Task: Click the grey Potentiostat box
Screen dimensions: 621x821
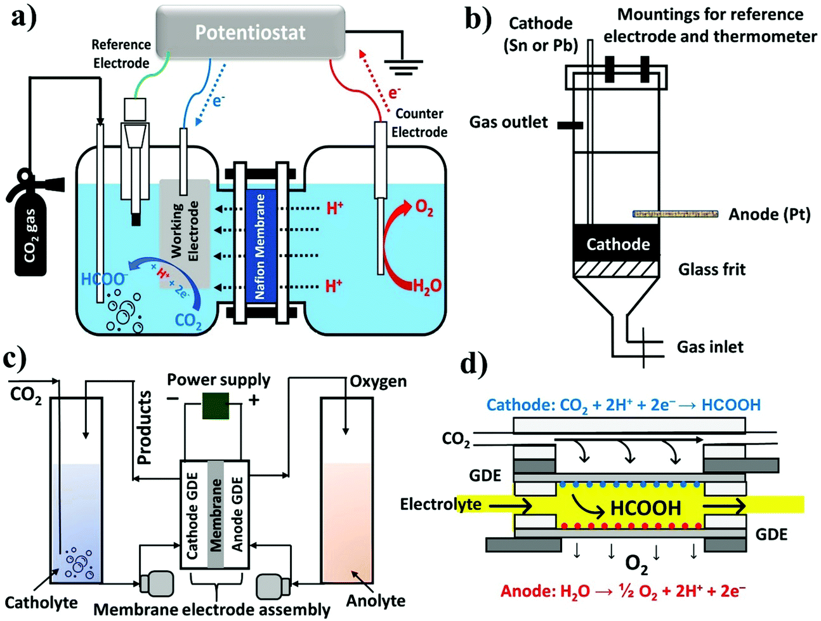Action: [x=250, y=32]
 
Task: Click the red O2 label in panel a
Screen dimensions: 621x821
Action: [x=423, y=208]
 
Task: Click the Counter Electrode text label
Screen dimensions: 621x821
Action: [x=419, y=123]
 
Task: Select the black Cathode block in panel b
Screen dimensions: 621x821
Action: [x=617, y=244]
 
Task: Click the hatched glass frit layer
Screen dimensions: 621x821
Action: [x=617, y=269]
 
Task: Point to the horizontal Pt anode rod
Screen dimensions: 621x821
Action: [x=675, y=214]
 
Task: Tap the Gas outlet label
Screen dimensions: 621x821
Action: [x=508, y=122]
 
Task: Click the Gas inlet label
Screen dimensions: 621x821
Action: [x=709, y=347]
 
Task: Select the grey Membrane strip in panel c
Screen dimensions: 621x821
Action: [x=216, y=514]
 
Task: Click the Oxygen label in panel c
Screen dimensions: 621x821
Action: [x=378, y=382]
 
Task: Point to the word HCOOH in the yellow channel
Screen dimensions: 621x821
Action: [x=645, y=507]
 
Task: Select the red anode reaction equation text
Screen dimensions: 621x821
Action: [x=622, y=591]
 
